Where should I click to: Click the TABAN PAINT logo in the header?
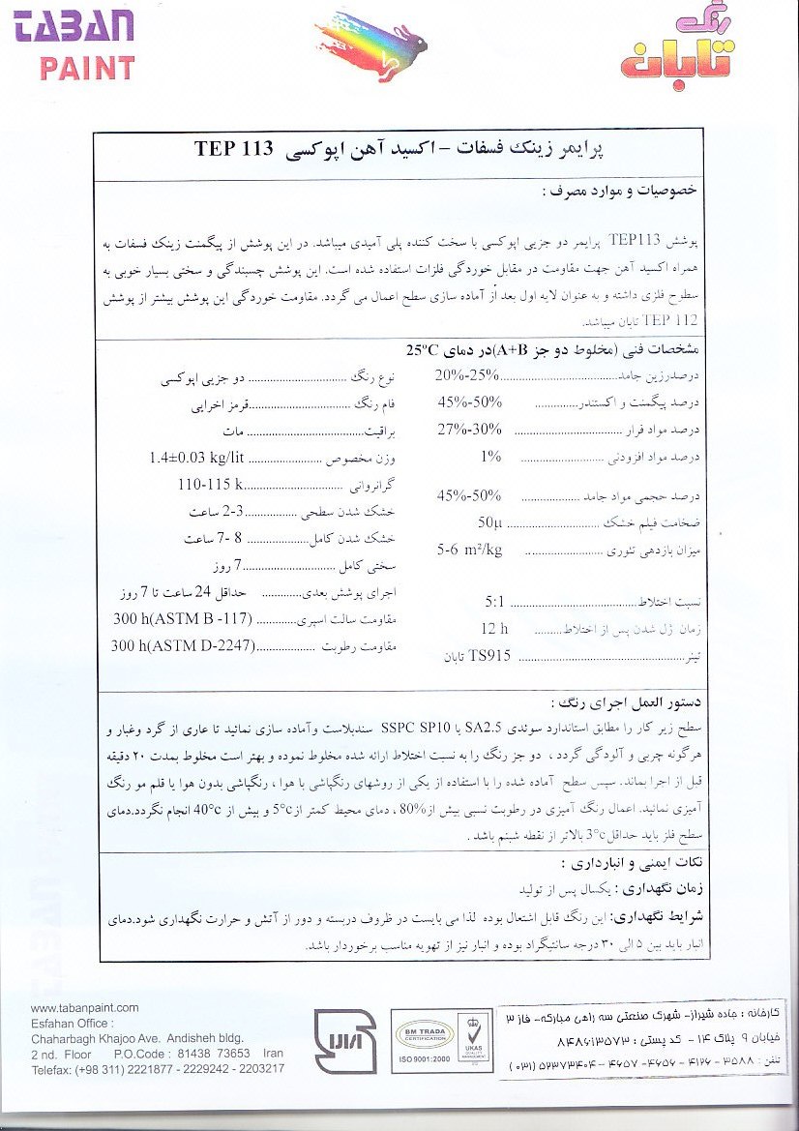point(74,43)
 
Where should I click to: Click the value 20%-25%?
point(468,375)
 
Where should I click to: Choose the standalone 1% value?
point(490,456)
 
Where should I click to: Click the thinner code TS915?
point(489,656)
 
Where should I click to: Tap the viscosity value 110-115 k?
point(209,485)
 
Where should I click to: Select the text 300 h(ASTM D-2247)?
point(182,645)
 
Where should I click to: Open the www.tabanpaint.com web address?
point(85,1007)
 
